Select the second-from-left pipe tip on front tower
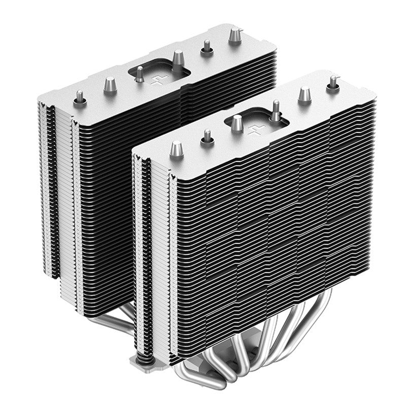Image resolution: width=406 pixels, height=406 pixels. (x=207, y=137)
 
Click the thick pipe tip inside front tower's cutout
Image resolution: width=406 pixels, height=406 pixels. (x=238, y=123)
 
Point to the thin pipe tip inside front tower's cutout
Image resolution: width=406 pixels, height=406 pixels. (x=275, y=110)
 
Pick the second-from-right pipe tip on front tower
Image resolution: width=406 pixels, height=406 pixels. (x=303, y=94)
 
